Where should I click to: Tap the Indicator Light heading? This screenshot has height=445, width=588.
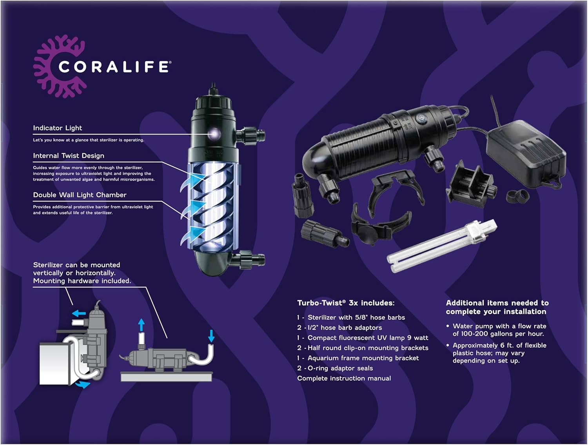tap(58, 128)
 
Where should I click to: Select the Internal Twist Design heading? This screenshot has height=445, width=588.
tap(69, 156)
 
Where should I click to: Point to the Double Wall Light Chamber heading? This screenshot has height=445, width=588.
tap(80, 195)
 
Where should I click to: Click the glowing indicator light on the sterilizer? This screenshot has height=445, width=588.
tap(214, 133)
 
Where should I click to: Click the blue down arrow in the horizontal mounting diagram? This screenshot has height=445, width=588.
tap(211, 336)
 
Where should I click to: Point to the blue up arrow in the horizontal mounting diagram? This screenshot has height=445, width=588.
tap(142, 325)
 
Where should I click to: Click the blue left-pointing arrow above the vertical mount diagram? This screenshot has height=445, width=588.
tap(79, 313)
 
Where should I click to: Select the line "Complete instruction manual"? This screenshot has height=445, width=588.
tap(344, 378)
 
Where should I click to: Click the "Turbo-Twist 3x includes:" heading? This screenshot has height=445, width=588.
tap(346, 303)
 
